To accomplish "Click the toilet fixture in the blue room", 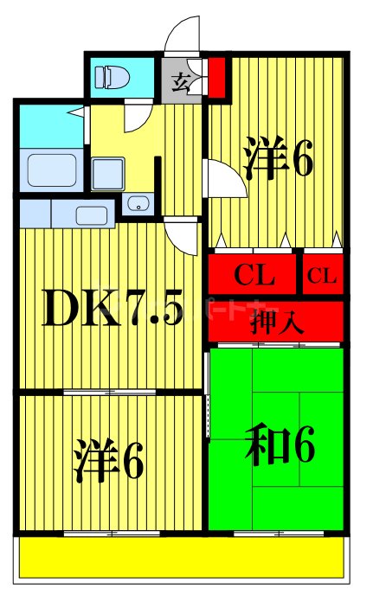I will (113, 77).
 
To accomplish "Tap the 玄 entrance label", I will (181, 82).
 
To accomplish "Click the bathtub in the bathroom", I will (51, 169).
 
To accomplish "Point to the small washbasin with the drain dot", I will (136, 205).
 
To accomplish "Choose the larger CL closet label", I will (254, 276).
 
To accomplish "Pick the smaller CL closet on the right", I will (323, 276).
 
